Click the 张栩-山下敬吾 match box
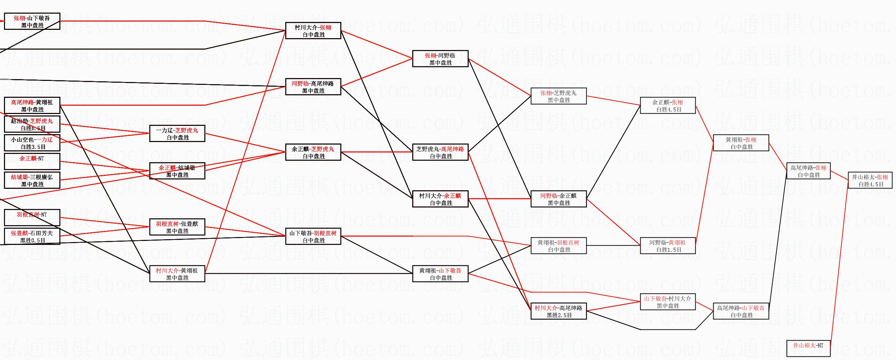pos(32,22)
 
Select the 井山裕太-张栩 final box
pos(870,181)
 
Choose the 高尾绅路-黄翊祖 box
pos(32,106)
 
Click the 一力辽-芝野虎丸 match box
pos(177,134)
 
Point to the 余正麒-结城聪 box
pos(177,171)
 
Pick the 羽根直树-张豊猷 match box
pos(177,227)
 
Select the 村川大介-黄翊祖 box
pos(177,274)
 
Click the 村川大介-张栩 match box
pos(313,31)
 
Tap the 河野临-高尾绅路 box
pos(313,87)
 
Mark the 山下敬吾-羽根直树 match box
pos(313,237)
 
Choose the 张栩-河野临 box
pos(440,59)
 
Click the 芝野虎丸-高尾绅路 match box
pos(440,152)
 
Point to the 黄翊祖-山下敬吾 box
pos(440,274)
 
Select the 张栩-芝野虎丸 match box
pos(559,96)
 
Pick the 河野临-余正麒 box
pos(559,199)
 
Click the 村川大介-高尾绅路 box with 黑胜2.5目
pos(559,311)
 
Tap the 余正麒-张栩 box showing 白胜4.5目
pos(668,106)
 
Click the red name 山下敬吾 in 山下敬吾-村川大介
pos(655,299)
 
